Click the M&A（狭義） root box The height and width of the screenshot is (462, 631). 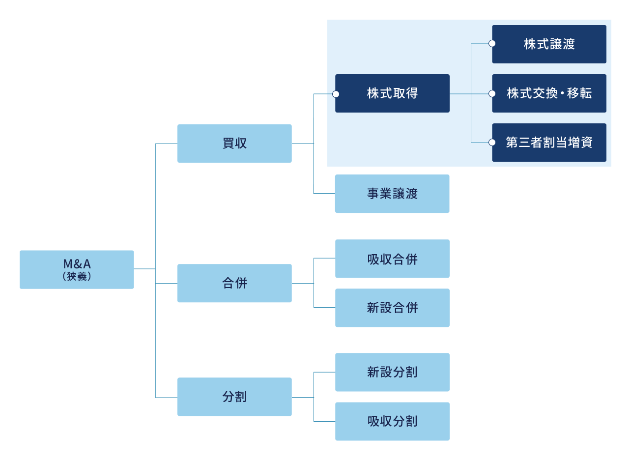(x=77, y=269)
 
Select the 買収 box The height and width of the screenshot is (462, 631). (x=234, y=144)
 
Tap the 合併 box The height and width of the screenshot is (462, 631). (x=234, y=283)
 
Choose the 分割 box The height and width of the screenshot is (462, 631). (x=234, y=397)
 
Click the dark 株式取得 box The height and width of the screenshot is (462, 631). (x=392, y=93)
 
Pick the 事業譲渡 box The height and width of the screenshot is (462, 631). (x=392, y=194)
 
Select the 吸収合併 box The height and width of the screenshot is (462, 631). (x=392, y=259)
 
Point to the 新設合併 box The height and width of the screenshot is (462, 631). (x=392, y=308)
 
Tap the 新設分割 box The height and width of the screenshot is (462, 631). (x=392, y=372)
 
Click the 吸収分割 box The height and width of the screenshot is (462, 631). (x=392, y=421)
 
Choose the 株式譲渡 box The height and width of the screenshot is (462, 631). (x=549, y=44)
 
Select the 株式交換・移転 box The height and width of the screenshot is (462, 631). (x=549, y=93)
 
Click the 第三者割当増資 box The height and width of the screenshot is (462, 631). (x=549, y=143)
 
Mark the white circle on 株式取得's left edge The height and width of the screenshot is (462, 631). (x=336, y=93)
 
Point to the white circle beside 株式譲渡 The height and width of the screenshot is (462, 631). (x=492, y=44)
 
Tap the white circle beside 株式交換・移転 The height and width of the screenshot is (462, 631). (x=492, y=93)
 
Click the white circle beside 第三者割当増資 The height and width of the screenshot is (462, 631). (x=492, y=143)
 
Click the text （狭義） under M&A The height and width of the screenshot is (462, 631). (x=77, y=277)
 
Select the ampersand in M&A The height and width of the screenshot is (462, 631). (x=77, y=264)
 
